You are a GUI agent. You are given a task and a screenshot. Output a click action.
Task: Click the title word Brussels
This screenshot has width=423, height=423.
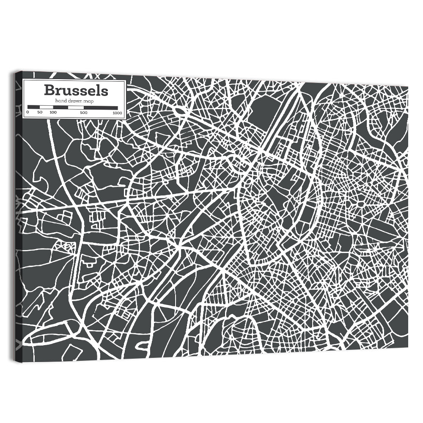pyautogui.click(x=76, y=91)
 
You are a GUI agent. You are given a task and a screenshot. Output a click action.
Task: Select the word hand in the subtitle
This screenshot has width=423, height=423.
pyautogui.click(x=60, y=101)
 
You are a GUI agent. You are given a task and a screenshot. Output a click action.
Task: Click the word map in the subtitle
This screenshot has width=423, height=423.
pyautogui.click(x=88, y=101)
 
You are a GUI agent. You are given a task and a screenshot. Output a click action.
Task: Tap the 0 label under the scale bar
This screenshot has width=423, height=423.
pyautogui.click(x=27, y=113)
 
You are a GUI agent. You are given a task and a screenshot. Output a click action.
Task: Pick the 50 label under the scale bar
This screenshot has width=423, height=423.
pyautogui.click(x=40, y=113)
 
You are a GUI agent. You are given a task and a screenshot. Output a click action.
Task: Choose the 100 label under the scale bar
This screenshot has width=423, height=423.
pyautogui.click(x=53, y=113)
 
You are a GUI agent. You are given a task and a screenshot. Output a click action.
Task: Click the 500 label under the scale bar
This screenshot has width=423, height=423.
pyautogui.click(x=84, y=113)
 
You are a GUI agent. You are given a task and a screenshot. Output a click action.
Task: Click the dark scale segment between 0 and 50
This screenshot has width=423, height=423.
pyautogui.click(x=33, y=107)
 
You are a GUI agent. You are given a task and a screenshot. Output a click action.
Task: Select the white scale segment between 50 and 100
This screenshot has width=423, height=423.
pyautogui.click(x=46, y=107)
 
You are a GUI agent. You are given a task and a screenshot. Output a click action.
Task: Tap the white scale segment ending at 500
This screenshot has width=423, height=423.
pyautogui.click(x=76, y=107)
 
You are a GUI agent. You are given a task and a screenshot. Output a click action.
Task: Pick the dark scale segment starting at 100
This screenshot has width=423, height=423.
pyautogui.click(x=60, y=107)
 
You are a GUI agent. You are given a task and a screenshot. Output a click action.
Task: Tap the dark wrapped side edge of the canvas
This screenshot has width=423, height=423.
pyautogui.click(x=18, y=211)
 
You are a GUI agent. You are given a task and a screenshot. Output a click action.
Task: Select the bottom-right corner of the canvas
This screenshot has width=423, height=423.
pyautogui.click(x=408, y=348)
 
